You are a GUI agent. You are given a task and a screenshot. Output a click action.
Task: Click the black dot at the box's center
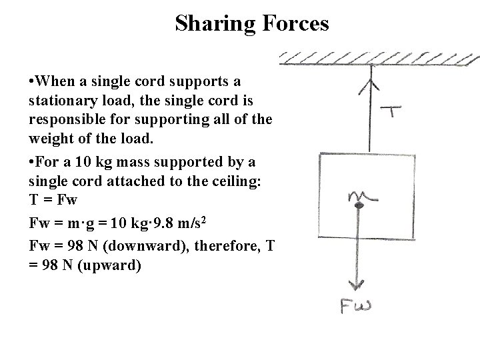pyautogui.click(x=359, y=207)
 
